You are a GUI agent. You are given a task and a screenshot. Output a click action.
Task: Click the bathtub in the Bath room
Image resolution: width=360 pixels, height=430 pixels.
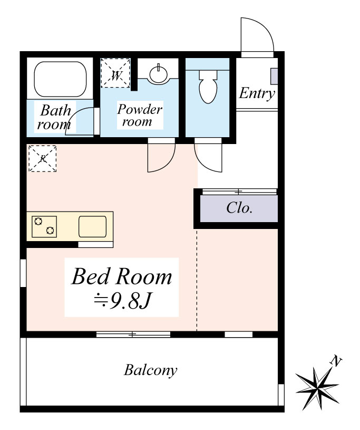(60, 79)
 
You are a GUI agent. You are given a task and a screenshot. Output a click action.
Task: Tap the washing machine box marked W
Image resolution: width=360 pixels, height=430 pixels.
(115, 73)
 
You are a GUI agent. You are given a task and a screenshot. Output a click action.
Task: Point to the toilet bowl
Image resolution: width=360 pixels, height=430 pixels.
(208, 87)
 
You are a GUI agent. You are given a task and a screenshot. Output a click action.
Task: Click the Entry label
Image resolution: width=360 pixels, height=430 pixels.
(257, 93)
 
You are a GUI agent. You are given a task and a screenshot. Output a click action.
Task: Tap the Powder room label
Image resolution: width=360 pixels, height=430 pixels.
(140, 115)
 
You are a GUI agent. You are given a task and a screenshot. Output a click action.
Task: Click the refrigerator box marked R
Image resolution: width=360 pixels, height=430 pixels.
(43, 158)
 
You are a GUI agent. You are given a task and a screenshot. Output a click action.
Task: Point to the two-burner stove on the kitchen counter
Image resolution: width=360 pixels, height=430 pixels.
(44, 226)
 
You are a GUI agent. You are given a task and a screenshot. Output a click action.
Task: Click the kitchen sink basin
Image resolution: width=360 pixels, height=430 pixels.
(93, 226)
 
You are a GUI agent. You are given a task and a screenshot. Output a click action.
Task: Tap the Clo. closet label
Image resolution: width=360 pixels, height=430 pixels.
(239, 208)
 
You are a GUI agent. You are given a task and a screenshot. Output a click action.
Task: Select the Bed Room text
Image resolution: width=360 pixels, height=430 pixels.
(122, 276)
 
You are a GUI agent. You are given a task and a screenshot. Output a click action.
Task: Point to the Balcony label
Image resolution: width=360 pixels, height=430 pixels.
(150, 370)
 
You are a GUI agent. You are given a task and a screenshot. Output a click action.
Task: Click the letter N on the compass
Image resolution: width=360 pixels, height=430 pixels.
(336, 361)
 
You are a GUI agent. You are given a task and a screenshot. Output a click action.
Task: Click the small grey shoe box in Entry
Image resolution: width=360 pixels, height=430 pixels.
(274, 76)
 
